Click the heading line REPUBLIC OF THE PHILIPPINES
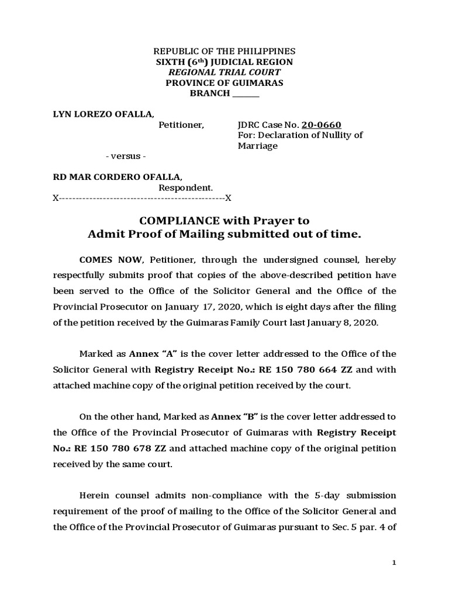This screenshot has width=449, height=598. point(224,51)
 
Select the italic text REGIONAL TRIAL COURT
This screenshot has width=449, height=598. point(224,72)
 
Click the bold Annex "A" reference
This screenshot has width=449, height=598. point(146,353)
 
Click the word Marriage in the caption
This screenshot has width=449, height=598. point(257,146)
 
